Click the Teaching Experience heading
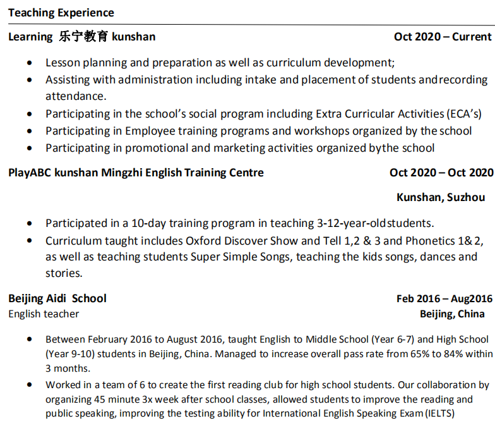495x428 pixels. tap(61, 13)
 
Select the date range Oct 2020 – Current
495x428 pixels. tap(443, 37)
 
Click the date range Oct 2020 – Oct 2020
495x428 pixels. tap(441, 173)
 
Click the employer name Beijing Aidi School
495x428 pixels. tap(57, 298)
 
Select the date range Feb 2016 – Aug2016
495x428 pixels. tap(444, 298)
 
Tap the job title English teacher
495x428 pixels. tap(44, 314)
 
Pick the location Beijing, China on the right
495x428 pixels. tap(452, 314)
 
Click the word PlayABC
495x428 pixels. tap(30, 173)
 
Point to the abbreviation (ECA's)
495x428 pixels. tap(464, 114)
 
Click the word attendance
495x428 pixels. tap(75, 96)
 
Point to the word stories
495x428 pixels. tap(63, 273)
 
